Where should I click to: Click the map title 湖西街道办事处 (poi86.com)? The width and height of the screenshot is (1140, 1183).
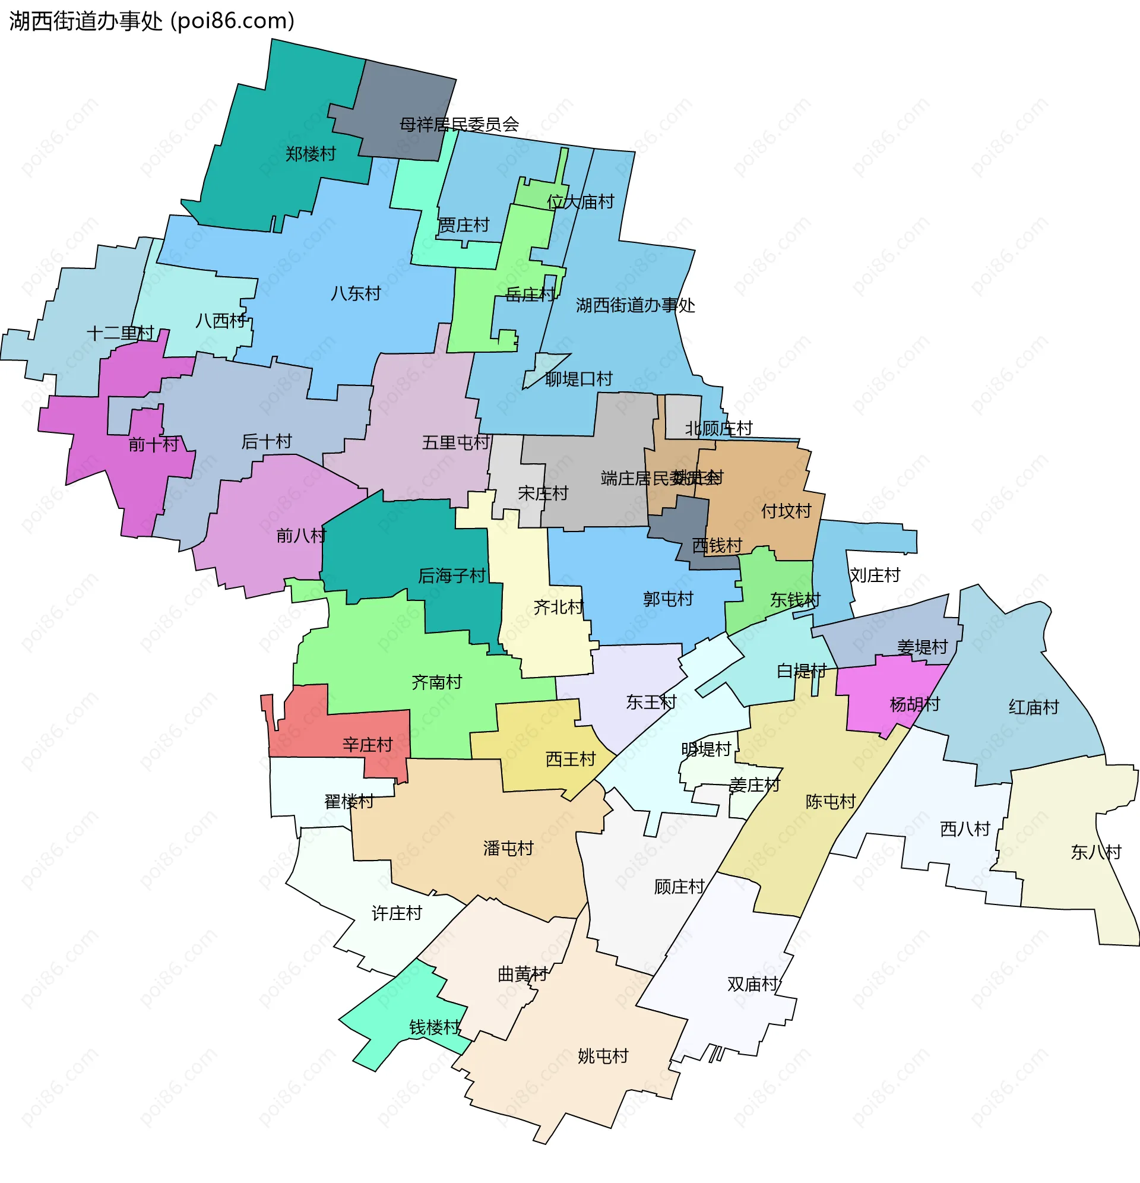[x=151, y=21]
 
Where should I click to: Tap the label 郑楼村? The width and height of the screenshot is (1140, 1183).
[x=310, y=154]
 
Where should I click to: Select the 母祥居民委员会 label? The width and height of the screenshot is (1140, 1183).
[x=458, y=124]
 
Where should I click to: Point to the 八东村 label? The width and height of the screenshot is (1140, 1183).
[x=356, y=293]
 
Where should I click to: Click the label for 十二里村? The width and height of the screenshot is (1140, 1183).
[x=120, y=333]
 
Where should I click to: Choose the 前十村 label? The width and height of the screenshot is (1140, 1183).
[x=153, y=444]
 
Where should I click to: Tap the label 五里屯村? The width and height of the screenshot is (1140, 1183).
[x=455, y=442]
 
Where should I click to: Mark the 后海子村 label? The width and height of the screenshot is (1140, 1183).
[x=451, y=576]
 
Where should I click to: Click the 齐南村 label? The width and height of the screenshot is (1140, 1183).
[x=436, y=682]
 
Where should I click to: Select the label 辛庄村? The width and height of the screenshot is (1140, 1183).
[x=367, y=745]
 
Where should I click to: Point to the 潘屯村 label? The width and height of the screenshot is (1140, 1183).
[x=508, y=849]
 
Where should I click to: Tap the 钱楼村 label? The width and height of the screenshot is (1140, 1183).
[x=435, y=1027]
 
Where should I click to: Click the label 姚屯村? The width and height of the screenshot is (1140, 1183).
[x=603, y=1056]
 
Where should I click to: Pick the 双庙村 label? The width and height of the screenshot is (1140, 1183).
[x=752, y=984]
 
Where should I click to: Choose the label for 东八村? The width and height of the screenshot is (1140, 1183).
[x=1096, y=852]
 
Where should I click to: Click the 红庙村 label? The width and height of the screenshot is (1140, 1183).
[x=1033, y=707]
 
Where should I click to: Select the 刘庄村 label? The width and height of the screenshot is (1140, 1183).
[x=875, y=575]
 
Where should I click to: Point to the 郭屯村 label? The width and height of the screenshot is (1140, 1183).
[x=668, y=599]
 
